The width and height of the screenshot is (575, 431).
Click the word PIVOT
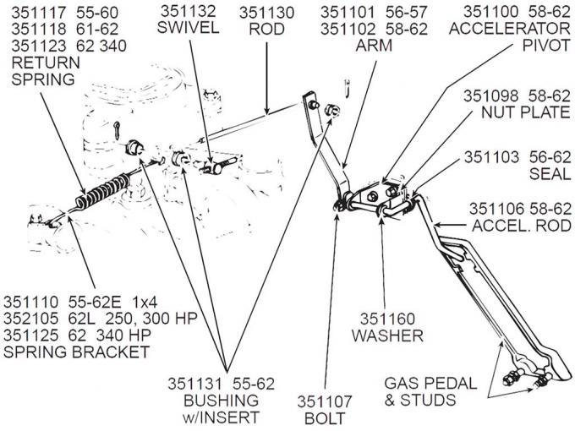548,45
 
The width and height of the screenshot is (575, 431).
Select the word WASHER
389,336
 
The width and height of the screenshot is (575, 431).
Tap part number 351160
389,319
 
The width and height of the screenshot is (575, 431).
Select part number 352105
31,319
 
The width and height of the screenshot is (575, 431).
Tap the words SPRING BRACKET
75,352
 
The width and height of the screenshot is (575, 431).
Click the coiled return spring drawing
101,189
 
